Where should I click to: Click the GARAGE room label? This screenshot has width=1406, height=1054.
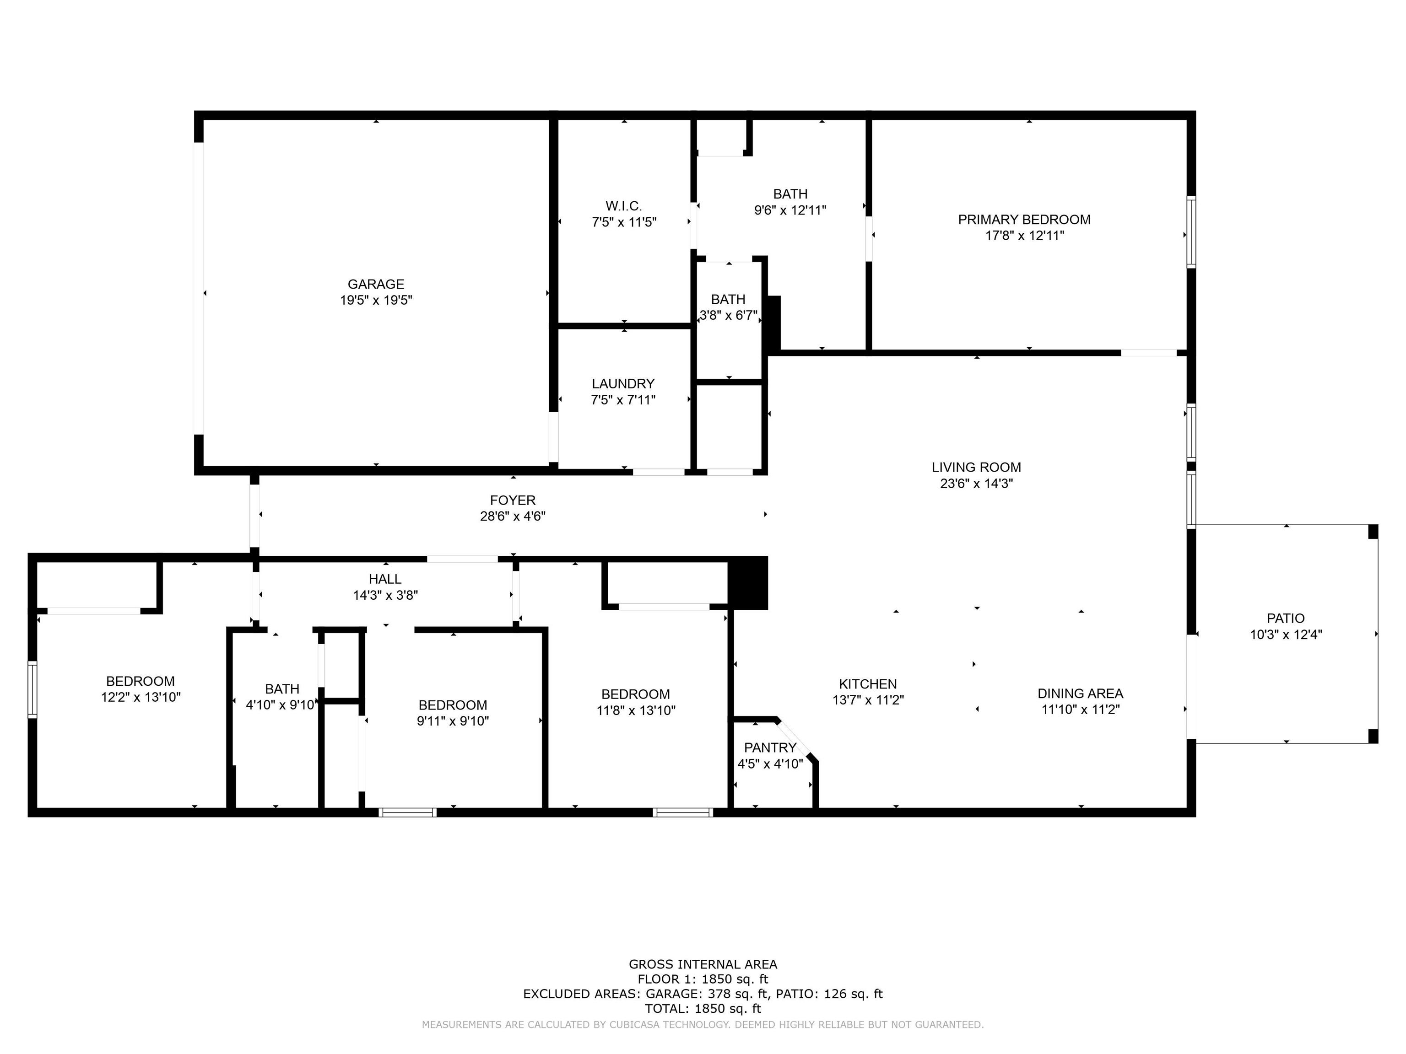pos(376,284)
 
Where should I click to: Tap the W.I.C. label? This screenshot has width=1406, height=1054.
pos(623,206)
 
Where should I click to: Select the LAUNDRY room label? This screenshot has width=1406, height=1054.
pos(623,384)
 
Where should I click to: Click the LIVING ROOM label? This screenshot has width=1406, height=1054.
pos(976,468)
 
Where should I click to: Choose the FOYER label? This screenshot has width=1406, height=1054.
pos(512,500)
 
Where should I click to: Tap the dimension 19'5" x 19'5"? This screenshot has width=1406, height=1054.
pos(376,300)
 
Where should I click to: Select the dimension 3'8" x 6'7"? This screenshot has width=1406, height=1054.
pos(729,315)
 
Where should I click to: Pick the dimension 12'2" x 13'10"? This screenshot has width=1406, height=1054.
pos(141,697)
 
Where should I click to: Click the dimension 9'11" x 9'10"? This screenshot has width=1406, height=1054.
pos(453,721)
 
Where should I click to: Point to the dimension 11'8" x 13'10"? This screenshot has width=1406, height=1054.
pos(636,710)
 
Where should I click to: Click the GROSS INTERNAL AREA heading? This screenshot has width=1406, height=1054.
pos(703,964)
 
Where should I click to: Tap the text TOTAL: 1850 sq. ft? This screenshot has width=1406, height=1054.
pos(703,1008)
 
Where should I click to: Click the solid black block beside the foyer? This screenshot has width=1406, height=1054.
pos(748,583)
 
